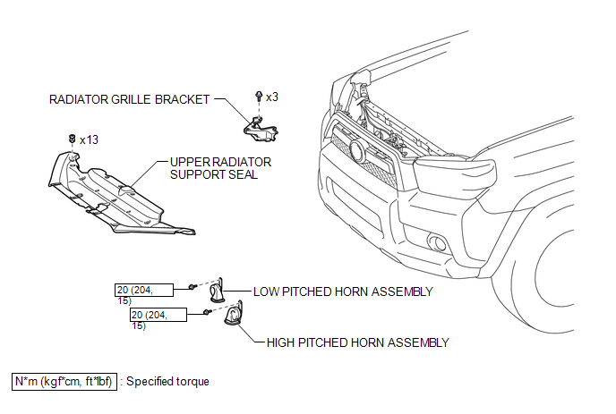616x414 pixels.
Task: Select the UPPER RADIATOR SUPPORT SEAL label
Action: click(x=220, y=168)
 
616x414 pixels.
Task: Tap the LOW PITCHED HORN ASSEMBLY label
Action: click(x=343, y=291)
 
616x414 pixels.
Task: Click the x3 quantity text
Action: click(x=272, y=96)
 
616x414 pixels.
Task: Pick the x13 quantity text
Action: click(x=89, y=140)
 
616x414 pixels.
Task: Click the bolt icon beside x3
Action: click(x=259, y=95)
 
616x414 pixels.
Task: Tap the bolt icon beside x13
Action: click(x=71, y=139)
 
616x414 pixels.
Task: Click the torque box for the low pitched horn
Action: click(x=150, y=290)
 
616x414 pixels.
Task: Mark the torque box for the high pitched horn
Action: click(x=158, y=315)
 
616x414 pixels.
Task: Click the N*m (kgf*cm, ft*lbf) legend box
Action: click(x=64, y=381)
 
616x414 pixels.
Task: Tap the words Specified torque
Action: click(x=167, y=382)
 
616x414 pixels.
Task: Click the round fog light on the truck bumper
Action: click(x=440, y=242)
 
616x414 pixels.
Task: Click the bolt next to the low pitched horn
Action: click(x=192, y=287)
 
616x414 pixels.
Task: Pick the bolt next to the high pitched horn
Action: click(x=208, y=311)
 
